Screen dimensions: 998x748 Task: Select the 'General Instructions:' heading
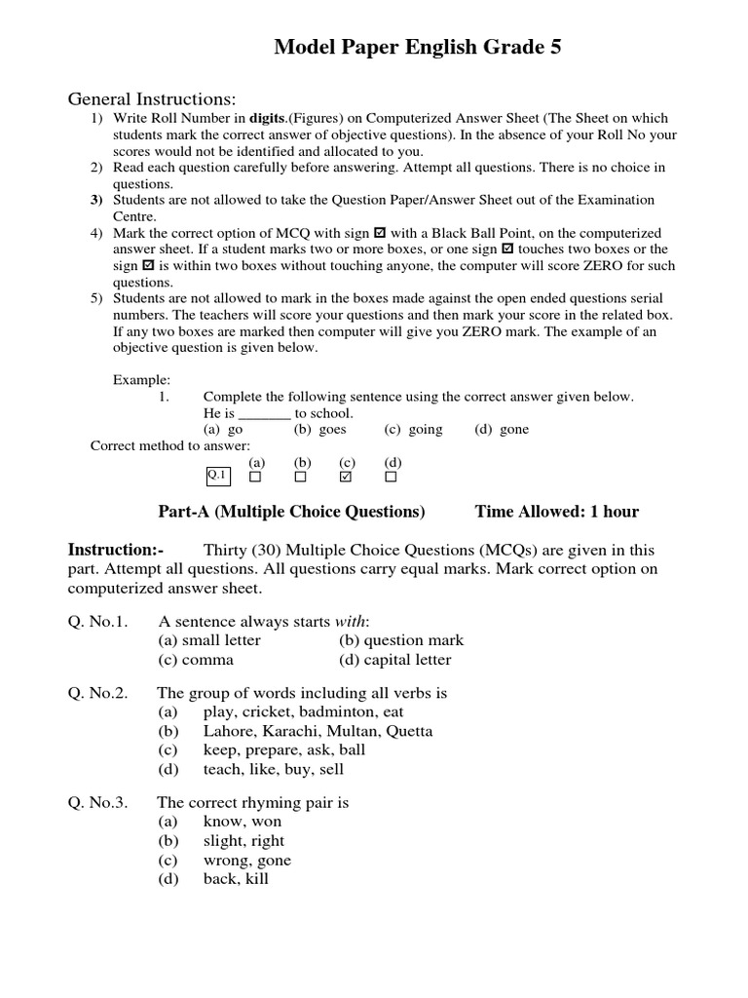point(151,99)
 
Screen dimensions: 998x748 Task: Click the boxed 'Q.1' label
point(216,476)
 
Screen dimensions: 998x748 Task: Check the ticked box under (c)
point(346,478)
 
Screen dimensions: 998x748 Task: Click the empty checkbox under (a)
point(256,478)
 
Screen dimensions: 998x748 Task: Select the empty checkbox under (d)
point(392,478)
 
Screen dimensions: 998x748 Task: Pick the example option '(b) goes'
point(319,429)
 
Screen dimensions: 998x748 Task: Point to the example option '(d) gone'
point(502,429)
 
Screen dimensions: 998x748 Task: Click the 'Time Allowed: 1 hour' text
point(556,512)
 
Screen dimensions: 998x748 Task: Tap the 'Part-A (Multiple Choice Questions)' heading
point(291,512)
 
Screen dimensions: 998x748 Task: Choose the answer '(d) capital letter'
point(395,660)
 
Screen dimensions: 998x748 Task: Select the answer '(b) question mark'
point(401,640)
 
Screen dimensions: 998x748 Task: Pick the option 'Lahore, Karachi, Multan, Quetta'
point(318,731)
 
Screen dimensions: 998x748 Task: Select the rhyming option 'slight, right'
point(243,841)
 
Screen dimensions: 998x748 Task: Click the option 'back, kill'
point(236,879)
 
